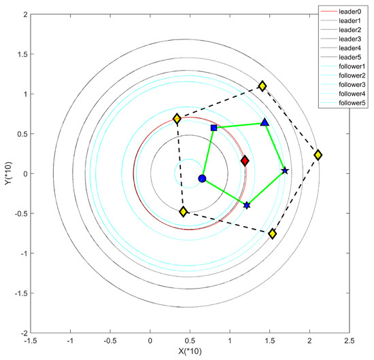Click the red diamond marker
tap(245, 161)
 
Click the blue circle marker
tap(202, 179)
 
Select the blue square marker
tap(214, 128)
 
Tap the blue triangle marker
tap(265, 122)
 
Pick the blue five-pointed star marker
tap(285, 170)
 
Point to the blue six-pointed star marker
tap(247, 205)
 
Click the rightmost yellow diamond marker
tap(318, 155)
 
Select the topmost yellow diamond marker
tap(262, 86)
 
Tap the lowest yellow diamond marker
tap(273, 234)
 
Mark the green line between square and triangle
tap(239, 125)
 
